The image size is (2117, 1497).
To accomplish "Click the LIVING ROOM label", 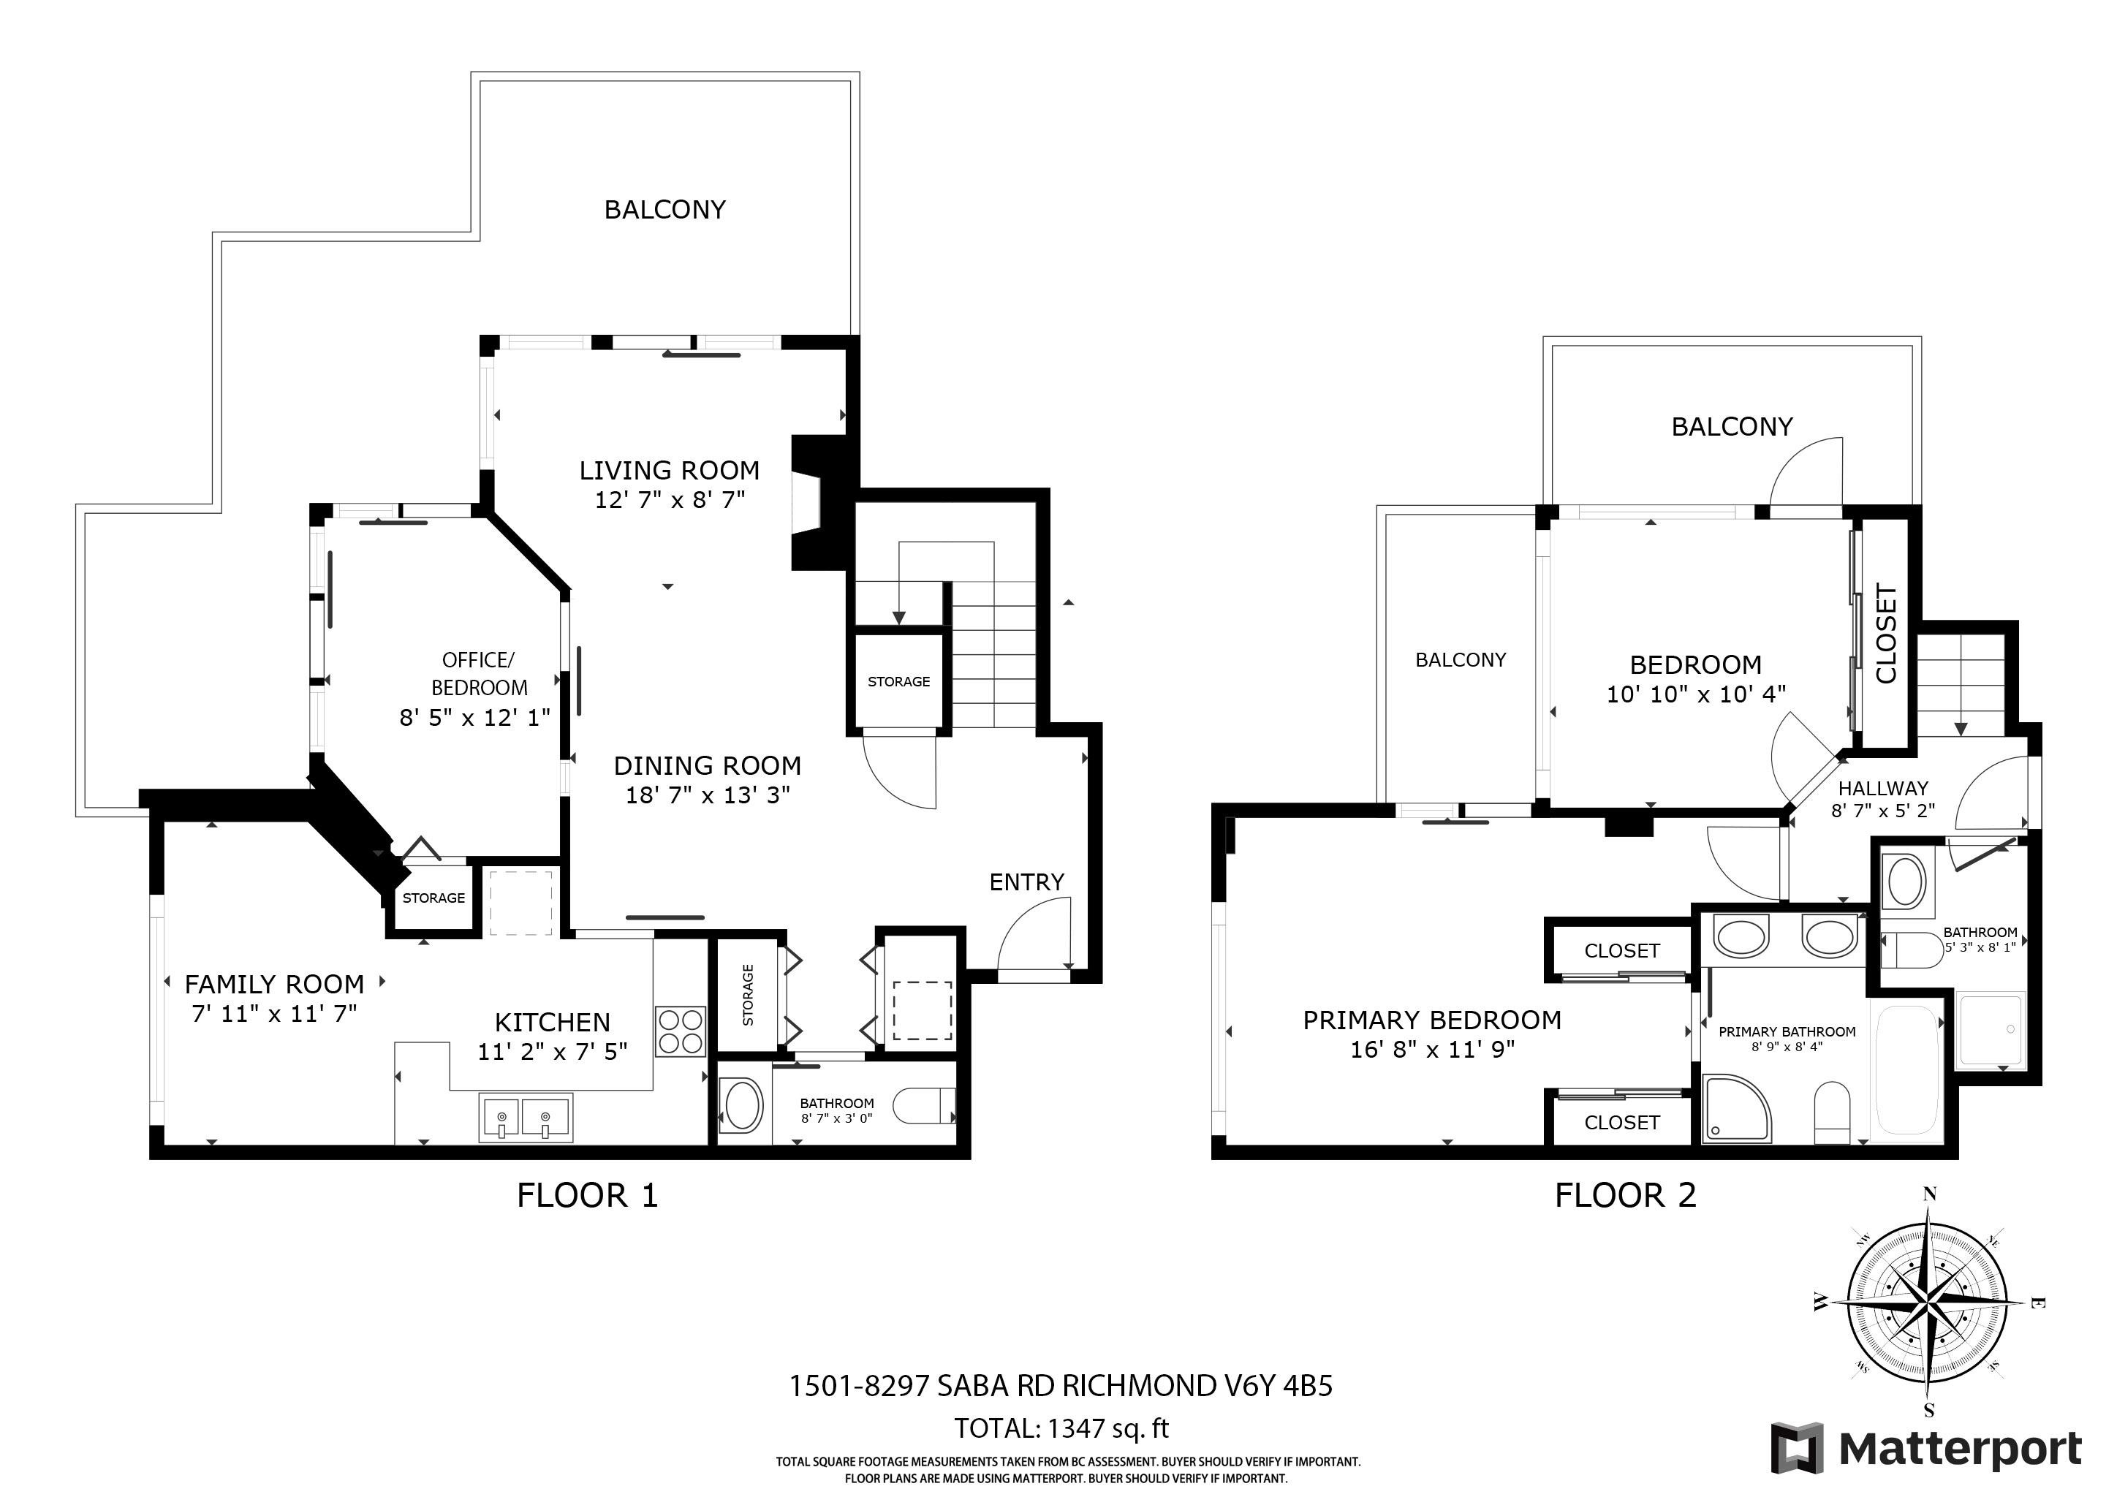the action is [x=670, y=470].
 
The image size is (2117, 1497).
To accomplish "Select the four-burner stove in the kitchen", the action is [x=681, y=1031].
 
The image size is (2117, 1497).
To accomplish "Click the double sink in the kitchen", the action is [x=526, y=1117].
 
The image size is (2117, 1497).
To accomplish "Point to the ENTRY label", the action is [x=1026, y=882].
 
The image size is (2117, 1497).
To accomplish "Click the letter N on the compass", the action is [x=1929, y=1194].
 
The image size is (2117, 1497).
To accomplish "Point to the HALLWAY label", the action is [x=1883, y=788].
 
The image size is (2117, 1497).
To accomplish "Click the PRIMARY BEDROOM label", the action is [x=1432, y=1020].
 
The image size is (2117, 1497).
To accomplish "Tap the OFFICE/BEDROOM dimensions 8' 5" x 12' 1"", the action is [x=475, y=717].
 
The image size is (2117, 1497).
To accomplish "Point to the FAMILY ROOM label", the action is [x=275, y=984].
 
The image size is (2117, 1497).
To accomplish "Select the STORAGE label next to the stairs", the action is [x=899, y=681].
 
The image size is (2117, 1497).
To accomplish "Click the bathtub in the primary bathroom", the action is [x=1906, y=1070].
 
